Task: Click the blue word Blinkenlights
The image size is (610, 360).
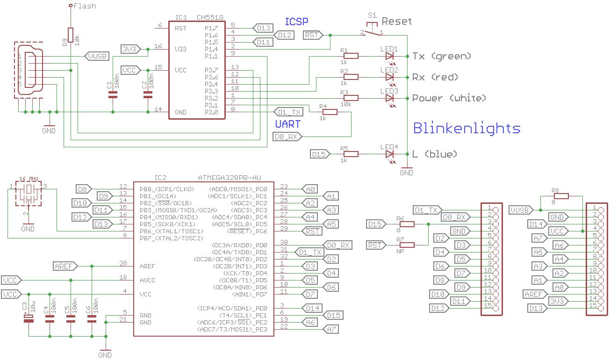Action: (466, 128)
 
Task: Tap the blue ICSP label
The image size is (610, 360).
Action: (296, 22)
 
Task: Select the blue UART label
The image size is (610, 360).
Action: (287, 124)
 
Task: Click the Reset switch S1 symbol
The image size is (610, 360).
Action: (372, 31)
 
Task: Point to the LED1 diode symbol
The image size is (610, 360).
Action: (389, 56)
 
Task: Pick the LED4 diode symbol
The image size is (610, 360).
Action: (389, 154)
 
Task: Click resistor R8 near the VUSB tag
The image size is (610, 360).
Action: (560, 196)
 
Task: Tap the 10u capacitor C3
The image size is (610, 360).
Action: (29, 318)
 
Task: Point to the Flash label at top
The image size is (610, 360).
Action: (85, 6)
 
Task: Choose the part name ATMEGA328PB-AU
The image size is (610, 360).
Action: (230, 178)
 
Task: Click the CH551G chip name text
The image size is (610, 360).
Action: (210, 17)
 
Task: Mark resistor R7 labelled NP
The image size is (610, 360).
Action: (407, 245)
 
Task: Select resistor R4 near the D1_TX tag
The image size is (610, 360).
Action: (330, 112)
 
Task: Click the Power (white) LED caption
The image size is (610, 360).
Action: (449, 98)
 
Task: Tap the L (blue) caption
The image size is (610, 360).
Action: (434, 154)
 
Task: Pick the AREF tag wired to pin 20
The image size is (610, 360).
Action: (65, 266)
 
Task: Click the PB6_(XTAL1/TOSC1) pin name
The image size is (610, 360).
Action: (171, 231)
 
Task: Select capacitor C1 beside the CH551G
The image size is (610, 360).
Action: (113, 94)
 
